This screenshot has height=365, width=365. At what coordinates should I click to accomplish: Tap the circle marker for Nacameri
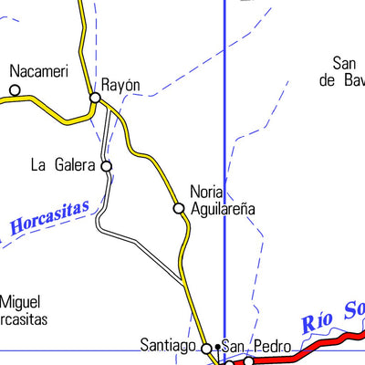pos(15,89)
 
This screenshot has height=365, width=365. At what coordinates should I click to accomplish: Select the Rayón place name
pos(120,84)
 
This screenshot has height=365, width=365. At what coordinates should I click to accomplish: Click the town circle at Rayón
pos(95,97)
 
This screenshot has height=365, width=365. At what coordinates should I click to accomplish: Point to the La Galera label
pos(63,165)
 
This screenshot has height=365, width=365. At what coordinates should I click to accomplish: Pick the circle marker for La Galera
pos(107,166)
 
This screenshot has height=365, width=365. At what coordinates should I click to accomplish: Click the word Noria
pos(207,192)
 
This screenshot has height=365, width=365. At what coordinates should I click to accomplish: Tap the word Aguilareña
pos(223,209)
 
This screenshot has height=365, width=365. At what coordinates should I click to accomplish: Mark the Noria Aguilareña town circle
pos(179,209)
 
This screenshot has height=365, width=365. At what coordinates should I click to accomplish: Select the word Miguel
pos(21,302)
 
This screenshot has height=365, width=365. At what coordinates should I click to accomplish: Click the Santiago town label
pos(168,346)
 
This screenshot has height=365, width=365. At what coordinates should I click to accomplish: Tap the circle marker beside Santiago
pos(207,348)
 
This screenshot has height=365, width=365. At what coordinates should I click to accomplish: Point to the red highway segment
pos(301,349)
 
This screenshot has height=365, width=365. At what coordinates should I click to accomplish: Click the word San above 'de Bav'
pos(345,63)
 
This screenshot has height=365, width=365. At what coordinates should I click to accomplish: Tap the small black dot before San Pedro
pos(217,348)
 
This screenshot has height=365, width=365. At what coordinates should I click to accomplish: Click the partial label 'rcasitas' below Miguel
pos(24,319)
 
